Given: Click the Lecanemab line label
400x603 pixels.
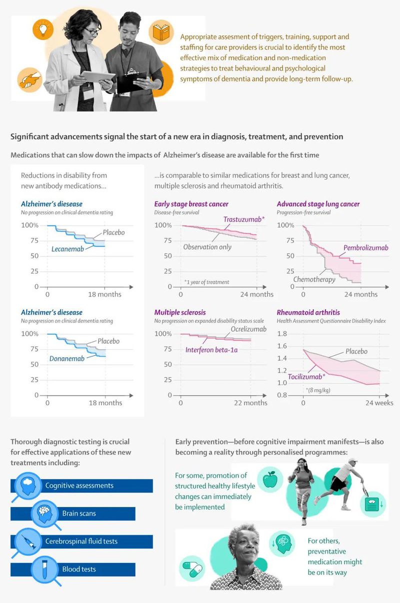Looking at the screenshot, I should coord(67,249).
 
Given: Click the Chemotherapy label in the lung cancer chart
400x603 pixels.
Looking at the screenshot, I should coord(314,279).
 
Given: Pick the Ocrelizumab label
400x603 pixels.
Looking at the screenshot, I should coord(248,329).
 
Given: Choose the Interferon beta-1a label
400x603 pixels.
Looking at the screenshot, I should coord(211,349).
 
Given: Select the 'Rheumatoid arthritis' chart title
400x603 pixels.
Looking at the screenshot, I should coord(308,313).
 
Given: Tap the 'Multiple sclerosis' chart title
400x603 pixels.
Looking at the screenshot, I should coord(180,313).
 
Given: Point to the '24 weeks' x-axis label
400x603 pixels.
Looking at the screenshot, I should coord(379,403).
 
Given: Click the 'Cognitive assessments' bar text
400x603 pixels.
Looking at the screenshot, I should coord(79,485).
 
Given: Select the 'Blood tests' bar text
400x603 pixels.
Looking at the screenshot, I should coord(79,569).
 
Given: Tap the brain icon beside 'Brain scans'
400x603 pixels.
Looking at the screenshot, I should coord(42,513).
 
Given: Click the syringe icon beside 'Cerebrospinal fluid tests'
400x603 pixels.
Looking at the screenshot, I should coord(25,541).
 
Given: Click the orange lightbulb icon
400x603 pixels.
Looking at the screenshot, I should coord(43,29).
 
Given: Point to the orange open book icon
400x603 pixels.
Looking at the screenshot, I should coord(160,32).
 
